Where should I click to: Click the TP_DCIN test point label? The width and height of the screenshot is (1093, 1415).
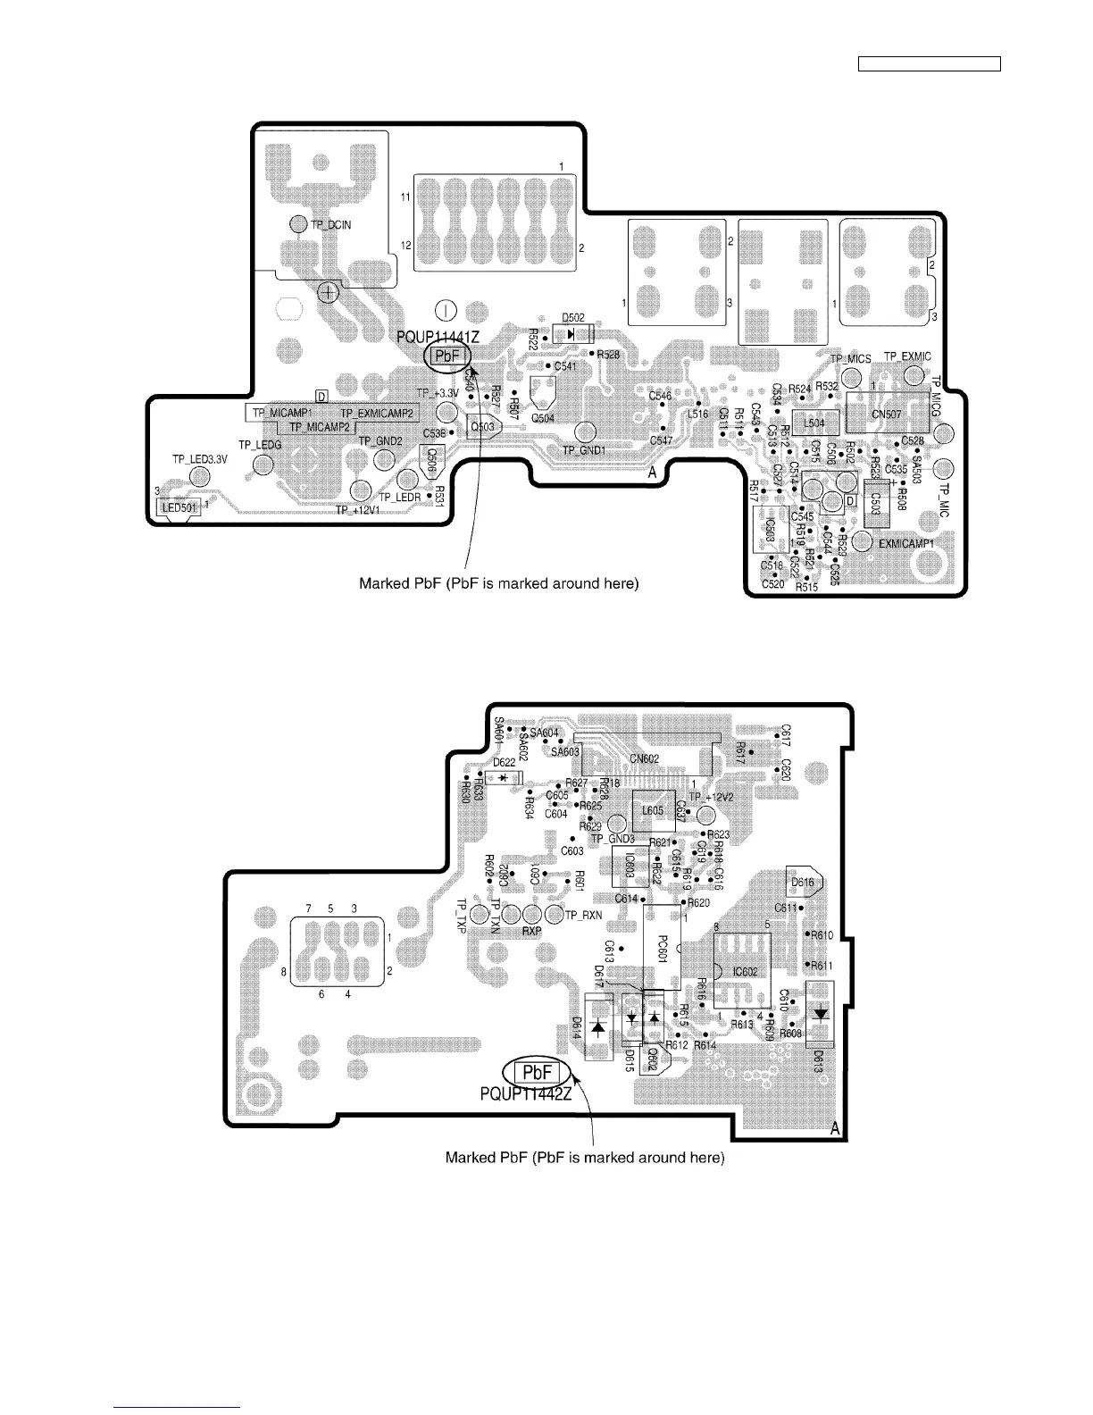click(330, 225)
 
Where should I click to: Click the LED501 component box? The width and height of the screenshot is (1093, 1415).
click(177, 508)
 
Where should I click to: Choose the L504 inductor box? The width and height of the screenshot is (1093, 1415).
click(814, 423)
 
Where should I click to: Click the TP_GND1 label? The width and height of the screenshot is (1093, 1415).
click(584, 451)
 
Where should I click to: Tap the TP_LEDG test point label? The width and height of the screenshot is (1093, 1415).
click(260, 445)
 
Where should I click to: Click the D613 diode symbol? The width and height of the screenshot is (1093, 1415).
click(819, 1014)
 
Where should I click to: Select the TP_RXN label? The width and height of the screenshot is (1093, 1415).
click(584, 915)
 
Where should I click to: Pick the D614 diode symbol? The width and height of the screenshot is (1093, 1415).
click(597, 1027)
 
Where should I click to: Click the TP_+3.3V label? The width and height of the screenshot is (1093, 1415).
click(437, 393)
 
